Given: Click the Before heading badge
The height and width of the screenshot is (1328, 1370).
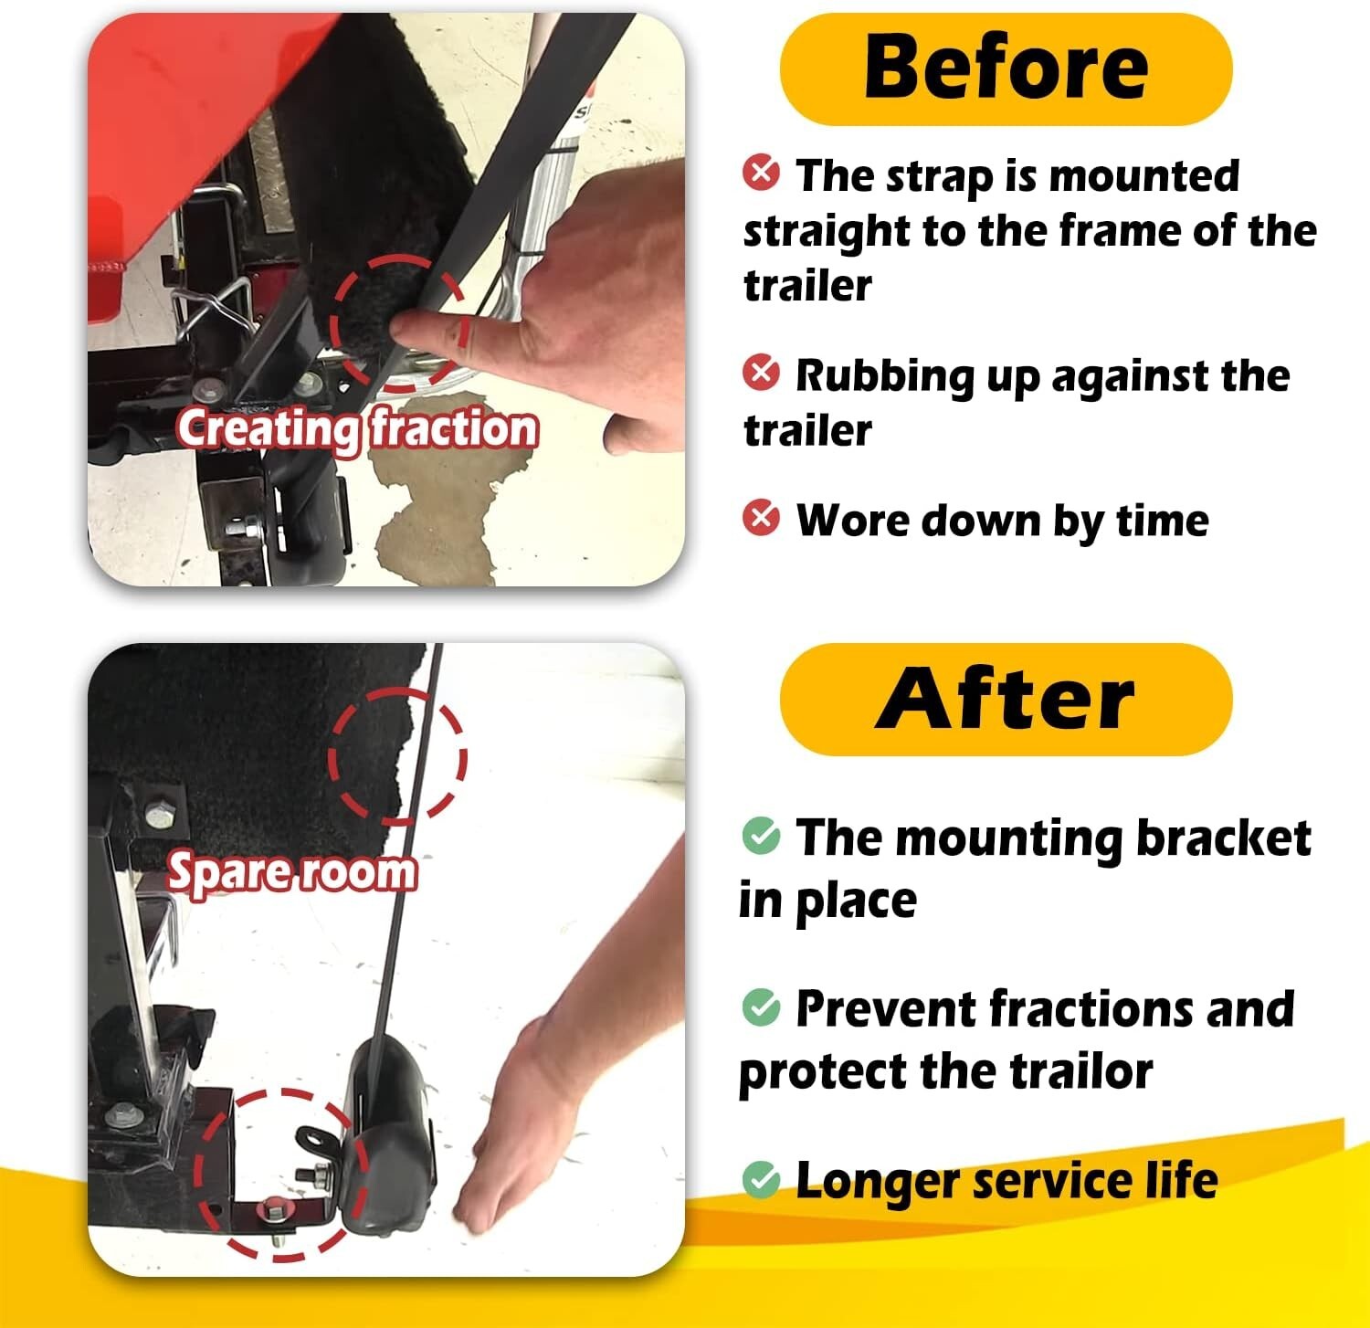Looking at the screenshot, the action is point(1006,69).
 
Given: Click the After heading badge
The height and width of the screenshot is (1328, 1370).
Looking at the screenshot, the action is point(1006,700).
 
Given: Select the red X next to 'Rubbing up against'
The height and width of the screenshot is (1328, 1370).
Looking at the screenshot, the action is point(761,373).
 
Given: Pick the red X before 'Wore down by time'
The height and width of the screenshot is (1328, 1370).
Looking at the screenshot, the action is point(761,518).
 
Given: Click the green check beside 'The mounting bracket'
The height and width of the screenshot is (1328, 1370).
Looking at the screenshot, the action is point(761,835).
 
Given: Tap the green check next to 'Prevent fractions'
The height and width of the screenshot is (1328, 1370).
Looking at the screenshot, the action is point(761,1007).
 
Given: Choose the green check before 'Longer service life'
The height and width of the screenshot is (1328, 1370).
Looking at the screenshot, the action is point(761,1179).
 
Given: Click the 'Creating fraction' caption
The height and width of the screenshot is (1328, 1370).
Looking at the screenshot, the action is point(357,428).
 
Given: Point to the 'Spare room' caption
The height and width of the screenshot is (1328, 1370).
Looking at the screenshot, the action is point(292,872).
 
